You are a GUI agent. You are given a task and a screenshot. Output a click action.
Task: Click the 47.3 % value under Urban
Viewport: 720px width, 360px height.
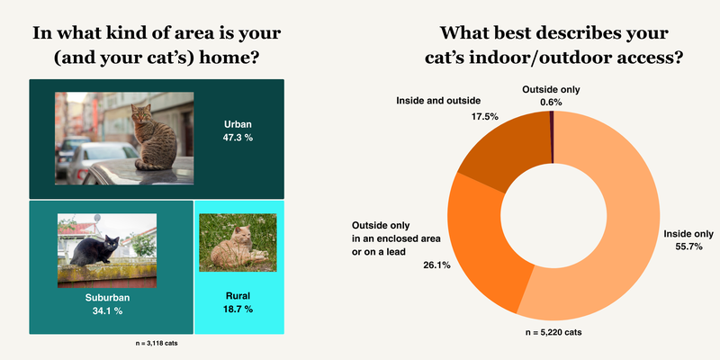(238, 138)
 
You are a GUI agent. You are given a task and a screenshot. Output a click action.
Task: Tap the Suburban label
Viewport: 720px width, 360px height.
(107, 298)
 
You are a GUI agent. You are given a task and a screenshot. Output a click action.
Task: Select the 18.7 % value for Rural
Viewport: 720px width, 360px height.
(238, 309)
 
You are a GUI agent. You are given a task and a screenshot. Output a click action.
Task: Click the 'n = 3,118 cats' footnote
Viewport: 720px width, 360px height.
(154, 344)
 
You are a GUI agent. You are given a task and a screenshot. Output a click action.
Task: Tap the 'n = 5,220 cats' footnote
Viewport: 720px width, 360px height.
(553, 332)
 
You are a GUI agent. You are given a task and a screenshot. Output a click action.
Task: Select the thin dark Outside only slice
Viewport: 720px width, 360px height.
(552, 137)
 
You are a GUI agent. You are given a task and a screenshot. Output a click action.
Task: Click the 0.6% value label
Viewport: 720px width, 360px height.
(551, 103)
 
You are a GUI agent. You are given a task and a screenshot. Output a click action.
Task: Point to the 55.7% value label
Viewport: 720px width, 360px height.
(688, 247)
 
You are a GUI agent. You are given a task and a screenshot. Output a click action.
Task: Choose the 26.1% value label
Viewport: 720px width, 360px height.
(436, 265)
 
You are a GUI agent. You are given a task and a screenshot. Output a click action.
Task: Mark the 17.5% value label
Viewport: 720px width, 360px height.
(484, 117)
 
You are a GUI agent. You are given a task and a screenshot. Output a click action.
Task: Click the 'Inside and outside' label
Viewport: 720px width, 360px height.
(438, 100)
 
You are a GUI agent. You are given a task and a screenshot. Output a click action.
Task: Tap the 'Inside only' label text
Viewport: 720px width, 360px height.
(688, 234)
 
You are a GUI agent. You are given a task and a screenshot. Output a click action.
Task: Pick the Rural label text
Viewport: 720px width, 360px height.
(238, 296)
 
